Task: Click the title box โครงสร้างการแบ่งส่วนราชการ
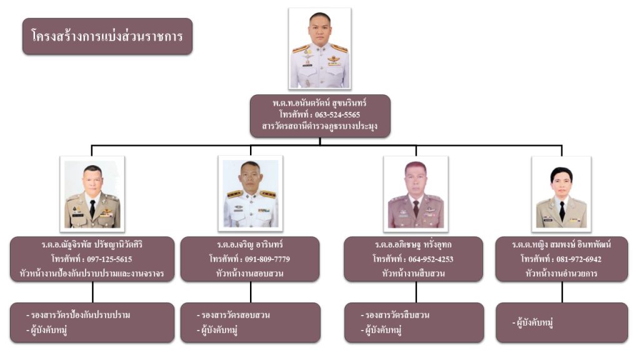[107, 36]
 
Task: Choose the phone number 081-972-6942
[577, 259]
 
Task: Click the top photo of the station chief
[319, 49]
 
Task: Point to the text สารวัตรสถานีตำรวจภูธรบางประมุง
[319, 127]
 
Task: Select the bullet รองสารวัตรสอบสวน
[236, 315]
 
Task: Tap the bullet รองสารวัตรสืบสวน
[398, 315]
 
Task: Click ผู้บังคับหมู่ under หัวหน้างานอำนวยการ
[536, 322]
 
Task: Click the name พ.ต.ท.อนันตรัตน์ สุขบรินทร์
[319, 102]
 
